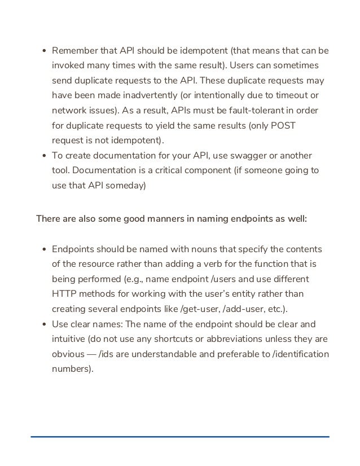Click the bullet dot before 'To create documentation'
(45, 155)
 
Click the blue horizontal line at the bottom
(180, 436)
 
